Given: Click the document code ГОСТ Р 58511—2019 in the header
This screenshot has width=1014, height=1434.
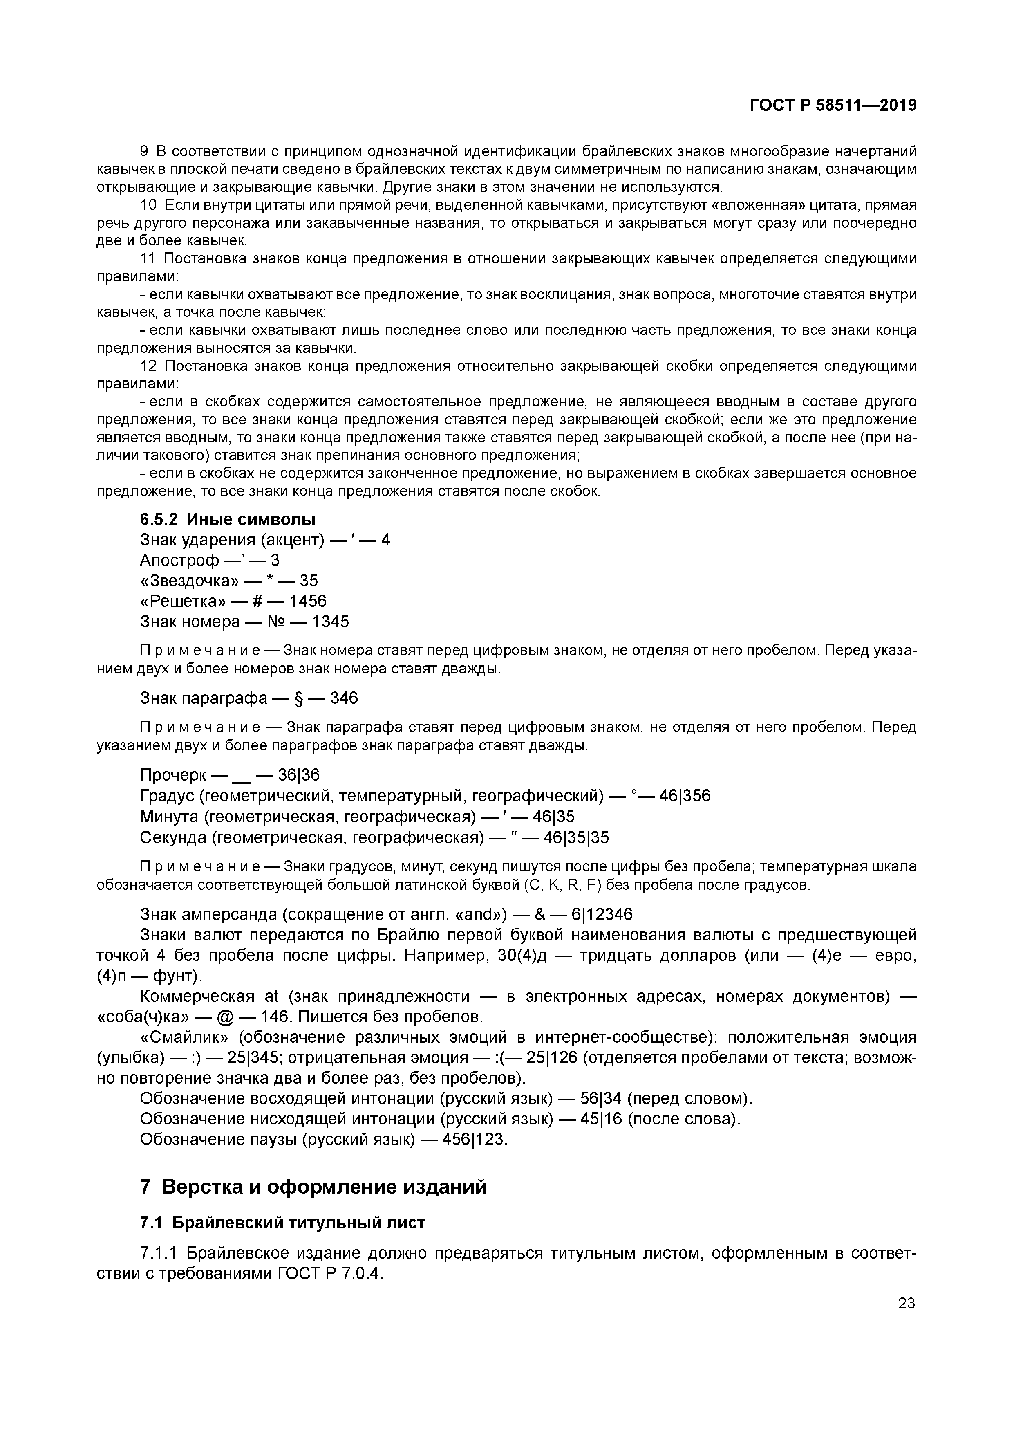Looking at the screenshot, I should (833, 105).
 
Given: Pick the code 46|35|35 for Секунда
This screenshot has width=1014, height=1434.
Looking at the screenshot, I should (576, 837).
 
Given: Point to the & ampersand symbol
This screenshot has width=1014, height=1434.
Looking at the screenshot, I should (539, 914).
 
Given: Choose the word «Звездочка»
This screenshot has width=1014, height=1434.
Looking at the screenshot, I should (188, 580).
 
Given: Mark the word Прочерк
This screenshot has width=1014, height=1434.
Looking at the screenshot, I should (172, 775).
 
